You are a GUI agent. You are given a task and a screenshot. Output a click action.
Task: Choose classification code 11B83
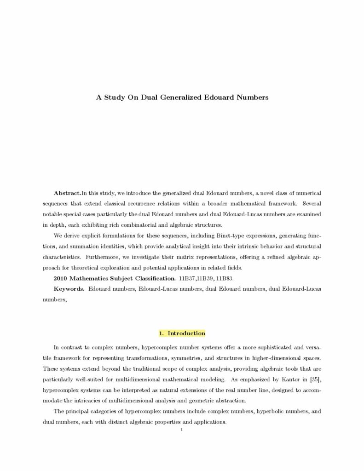[x=225, y=278]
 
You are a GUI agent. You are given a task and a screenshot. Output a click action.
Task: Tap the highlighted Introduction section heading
[x=182, y=333]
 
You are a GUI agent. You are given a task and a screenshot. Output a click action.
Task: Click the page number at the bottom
[x=182, y=430]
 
